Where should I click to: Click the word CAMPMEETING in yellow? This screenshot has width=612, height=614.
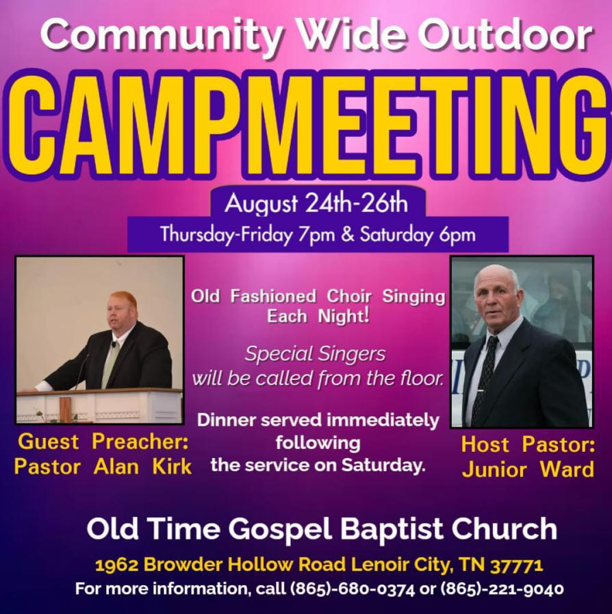click(x=308, y=125)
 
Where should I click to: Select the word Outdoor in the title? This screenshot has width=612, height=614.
click(x=505, y=34)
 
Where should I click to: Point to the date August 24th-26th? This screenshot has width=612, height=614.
click(x=316, y=203)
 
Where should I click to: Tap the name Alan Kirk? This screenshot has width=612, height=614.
click(x=142, y=467)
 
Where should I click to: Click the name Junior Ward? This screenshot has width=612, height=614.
click(x=528, y=470)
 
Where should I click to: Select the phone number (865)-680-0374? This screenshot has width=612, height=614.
click(x=352, y=589)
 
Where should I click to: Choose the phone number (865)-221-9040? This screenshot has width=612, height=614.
click(x=502, y=589)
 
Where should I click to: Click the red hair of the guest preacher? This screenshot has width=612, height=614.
click(x=123, y=300)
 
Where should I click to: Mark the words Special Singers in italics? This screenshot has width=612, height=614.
click(x=315, y=354)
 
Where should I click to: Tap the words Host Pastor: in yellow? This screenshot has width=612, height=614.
click(x=528, y=444)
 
